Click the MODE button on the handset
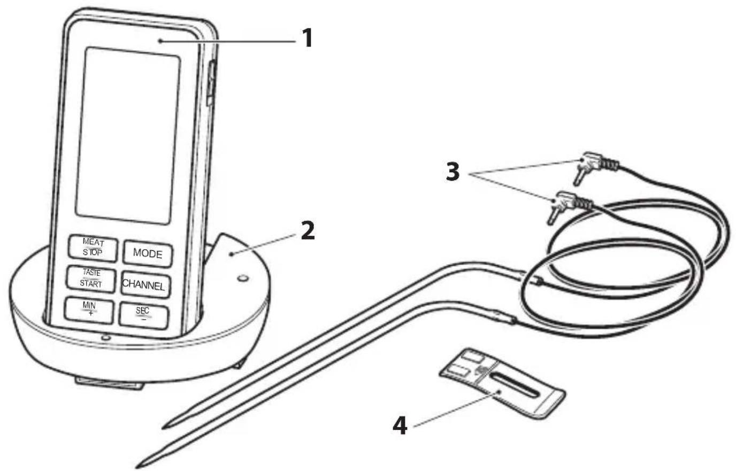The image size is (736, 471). coord(148,253)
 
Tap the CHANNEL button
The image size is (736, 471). coord(145,284)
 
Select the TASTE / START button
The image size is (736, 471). coord(91,279)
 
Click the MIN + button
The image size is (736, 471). coord(89,310)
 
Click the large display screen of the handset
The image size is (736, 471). coord(127,135)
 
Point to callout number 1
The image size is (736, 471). coord(307,38)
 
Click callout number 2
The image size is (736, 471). coord(308,230)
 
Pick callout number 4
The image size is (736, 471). coord(400,426)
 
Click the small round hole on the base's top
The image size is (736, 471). coord(242,278)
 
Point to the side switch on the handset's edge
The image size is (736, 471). coord(211,83)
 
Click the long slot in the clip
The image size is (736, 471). coord(515,385)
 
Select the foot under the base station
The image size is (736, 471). coord(110,383)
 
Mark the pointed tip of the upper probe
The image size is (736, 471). coord(165,427)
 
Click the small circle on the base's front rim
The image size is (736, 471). coord(105,337)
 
